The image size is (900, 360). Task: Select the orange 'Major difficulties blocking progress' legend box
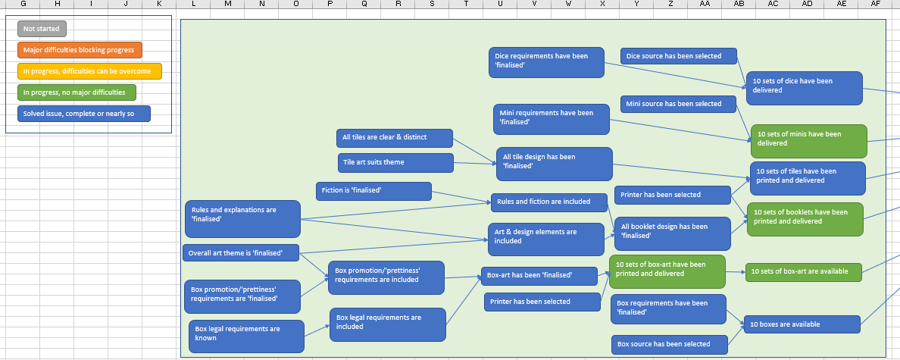pyautogui.click(x=80, y=50)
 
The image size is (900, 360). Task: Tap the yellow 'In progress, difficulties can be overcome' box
pyautogui.click(x=89, y=71)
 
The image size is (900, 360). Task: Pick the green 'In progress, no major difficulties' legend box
pyautogui.click(x=77, y=92)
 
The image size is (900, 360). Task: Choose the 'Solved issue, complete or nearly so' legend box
pyautogui.click(x=83, y=114)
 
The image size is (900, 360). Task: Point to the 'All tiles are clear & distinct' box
pyautogui.click(x=394, y=138)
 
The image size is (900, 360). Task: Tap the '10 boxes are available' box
pyautogui.click(x=802, y=324)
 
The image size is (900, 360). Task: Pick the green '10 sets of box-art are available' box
pyautogui.click(x=804, y=271)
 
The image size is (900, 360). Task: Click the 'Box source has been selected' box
pyautogui.click(x=669, y=345)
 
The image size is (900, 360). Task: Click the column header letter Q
pyautogui.click(x=364, y=5)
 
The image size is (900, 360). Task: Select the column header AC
pyautogui.click(x=773, y=5)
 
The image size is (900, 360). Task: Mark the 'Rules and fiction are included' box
pyautogui.click(x=549, y=202)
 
